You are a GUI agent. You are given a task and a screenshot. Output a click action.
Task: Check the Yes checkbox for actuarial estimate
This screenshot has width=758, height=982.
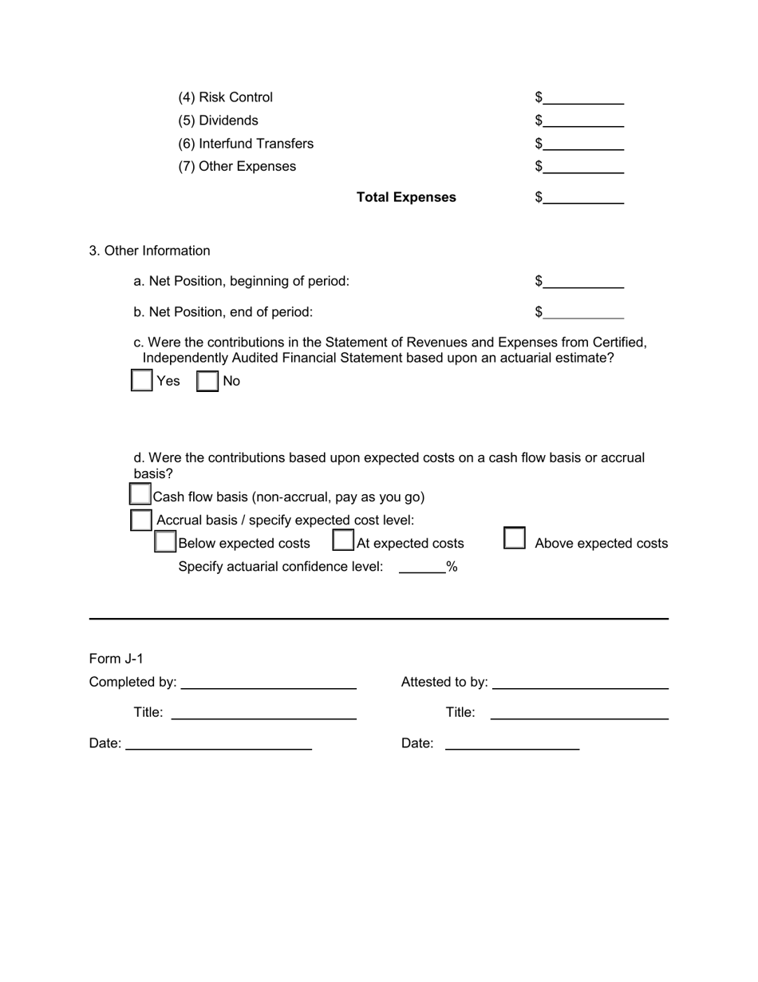tap(141, 380)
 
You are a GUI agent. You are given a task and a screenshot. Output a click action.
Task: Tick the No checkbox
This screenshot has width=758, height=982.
tap(207, 380)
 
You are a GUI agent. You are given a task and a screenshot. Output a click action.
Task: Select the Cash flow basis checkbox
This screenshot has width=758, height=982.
tap(140, 494)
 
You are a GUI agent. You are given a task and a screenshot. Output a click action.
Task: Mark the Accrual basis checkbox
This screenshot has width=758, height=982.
tap(140, 520)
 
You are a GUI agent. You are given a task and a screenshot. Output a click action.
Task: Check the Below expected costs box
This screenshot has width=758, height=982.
tap(165, 542)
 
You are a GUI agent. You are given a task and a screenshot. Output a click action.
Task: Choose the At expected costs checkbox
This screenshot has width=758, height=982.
tap(343, 541)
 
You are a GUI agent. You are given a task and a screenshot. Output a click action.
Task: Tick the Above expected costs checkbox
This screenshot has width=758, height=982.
tap(515, 539)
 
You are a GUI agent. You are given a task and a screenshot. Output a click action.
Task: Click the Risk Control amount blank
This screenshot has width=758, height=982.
tap(584, 98)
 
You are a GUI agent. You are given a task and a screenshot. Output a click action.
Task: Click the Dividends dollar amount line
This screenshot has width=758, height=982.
tap(584, 121)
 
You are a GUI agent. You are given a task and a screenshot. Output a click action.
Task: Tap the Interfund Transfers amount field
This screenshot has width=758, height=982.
tap(584, 145)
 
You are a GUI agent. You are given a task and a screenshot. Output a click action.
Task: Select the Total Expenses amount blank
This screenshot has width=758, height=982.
tap(584, 198)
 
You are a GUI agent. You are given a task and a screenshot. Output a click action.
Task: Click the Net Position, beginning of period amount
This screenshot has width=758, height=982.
tap(584, 282)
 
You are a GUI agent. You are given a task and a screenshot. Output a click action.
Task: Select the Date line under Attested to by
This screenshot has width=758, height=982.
tap(511, 744)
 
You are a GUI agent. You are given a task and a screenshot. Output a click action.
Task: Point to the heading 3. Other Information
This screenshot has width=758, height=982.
tap(149, 251)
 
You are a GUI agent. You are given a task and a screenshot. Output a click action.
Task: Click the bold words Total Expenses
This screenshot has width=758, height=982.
tap(406, 197)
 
